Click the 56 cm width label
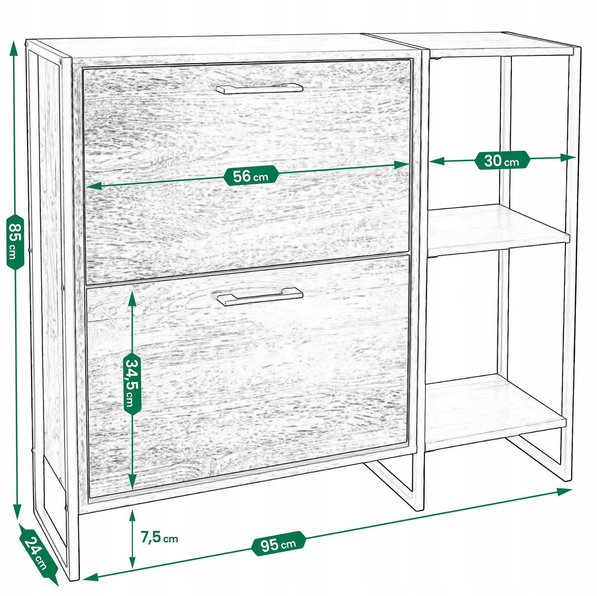pyautogui.click(x=251, y=175)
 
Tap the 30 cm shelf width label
pyautogui.click(x=502, y=160)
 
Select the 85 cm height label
pyautogui.click(x=15, y=241)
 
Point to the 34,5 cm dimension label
pyautogui.click(x=132, y=383)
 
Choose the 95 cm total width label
pyautogui.click(x=278, y=543)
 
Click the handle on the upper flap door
pyautogui.click(x=260, y=88)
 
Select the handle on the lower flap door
pyautogui.click(x=260, y=297)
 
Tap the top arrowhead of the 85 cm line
pyautogui.click(x=14, y=47)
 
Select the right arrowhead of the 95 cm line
pyautogui.click(x=565, y=491)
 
